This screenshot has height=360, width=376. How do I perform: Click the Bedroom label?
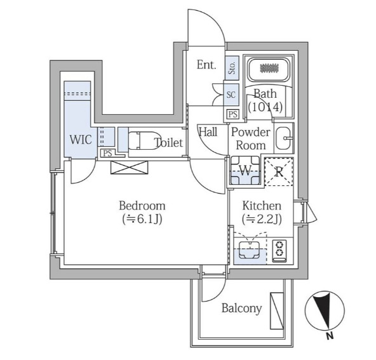(142, 206)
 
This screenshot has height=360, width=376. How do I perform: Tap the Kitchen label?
(262, 206)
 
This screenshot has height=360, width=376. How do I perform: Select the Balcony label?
(241, 308)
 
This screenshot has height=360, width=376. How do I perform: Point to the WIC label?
(81, 140)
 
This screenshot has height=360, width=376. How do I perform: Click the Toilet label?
(168, 143)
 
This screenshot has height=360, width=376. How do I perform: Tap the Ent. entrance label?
(206, 65)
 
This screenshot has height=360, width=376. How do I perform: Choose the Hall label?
(208, 132)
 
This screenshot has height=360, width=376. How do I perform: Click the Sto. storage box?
(232, 68)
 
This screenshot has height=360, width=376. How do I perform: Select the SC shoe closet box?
(231, 95)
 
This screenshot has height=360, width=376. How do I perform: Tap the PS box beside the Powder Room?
(233, 114)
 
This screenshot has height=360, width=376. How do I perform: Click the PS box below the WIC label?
(107, 153)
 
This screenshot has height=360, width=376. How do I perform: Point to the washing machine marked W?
(245, 170)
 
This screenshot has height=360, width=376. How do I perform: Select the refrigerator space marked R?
(279, 171)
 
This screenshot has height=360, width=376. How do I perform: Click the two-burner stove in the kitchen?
(279, 251)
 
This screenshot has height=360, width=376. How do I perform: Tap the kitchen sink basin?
(249, 250)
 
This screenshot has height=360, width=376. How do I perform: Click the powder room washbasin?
(284, 138)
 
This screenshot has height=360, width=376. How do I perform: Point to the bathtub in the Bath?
(269, 69)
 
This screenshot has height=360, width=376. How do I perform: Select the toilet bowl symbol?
(145, 140)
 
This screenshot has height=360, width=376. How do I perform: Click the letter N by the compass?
(330, 336)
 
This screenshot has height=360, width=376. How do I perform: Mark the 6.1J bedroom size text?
(142, 219)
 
